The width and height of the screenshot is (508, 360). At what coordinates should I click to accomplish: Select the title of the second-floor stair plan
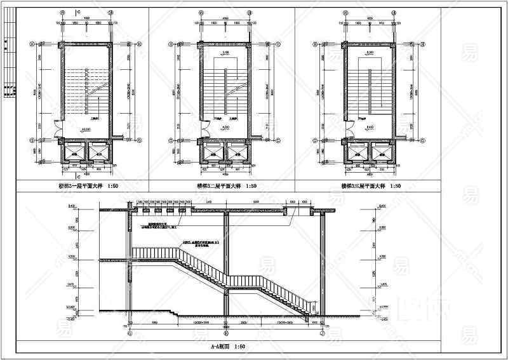[x=227, y=187]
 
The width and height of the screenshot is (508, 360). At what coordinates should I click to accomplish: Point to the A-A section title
[x=227, y=347]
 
